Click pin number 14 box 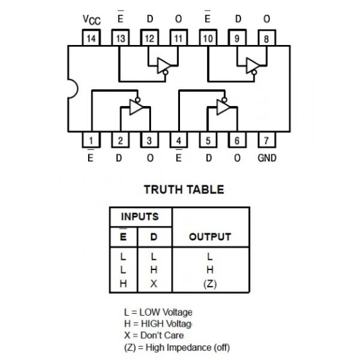tap(91, 38)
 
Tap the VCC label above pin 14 tap(91, 20)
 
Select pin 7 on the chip tap(267, 140)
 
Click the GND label tap(267, 158)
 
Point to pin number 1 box tap(91, 140)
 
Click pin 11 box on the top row tap(179, 38)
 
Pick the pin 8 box tap(267, 38)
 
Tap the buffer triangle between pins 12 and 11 tap(163, 66)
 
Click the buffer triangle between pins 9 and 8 tap(252, 66)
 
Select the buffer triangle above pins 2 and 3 tap(136, 107)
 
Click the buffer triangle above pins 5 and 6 tap(222, 107)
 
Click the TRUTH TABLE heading tap(184, 190)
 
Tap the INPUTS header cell tap(140, 217)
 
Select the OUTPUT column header tap(210, 237)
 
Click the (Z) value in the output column tap(210, 284)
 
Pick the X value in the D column tap(154, 284)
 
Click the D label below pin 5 tap(208, 158)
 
